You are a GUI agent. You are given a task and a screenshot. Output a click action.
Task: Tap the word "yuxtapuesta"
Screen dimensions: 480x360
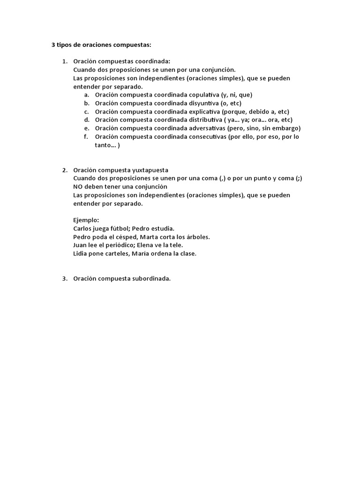click(x=150, y=170)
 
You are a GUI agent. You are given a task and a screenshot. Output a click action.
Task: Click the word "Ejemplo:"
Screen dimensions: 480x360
click(x=86, y=220)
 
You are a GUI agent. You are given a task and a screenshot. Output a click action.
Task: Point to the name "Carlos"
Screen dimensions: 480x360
click(x=82, y=229)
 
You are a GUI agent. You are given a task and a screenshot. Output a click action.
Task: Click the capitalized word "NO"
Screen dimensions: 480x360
click(x=78, y=187)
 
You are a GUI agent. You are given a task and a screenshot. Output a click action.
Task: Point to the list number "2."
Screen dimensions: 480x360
click(x=65, y=170)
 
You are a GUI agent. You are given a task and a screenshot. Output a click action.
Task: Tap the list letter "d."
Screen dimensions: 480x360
click(x=87, y=120)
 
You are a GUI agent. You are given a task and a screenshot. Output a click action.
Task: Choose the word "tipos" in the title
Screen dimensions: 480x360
click(x=65, y=45)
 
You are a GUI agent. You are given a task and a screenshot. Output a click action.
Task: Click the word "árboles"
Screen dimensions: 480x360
click(x=198, y=237)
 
